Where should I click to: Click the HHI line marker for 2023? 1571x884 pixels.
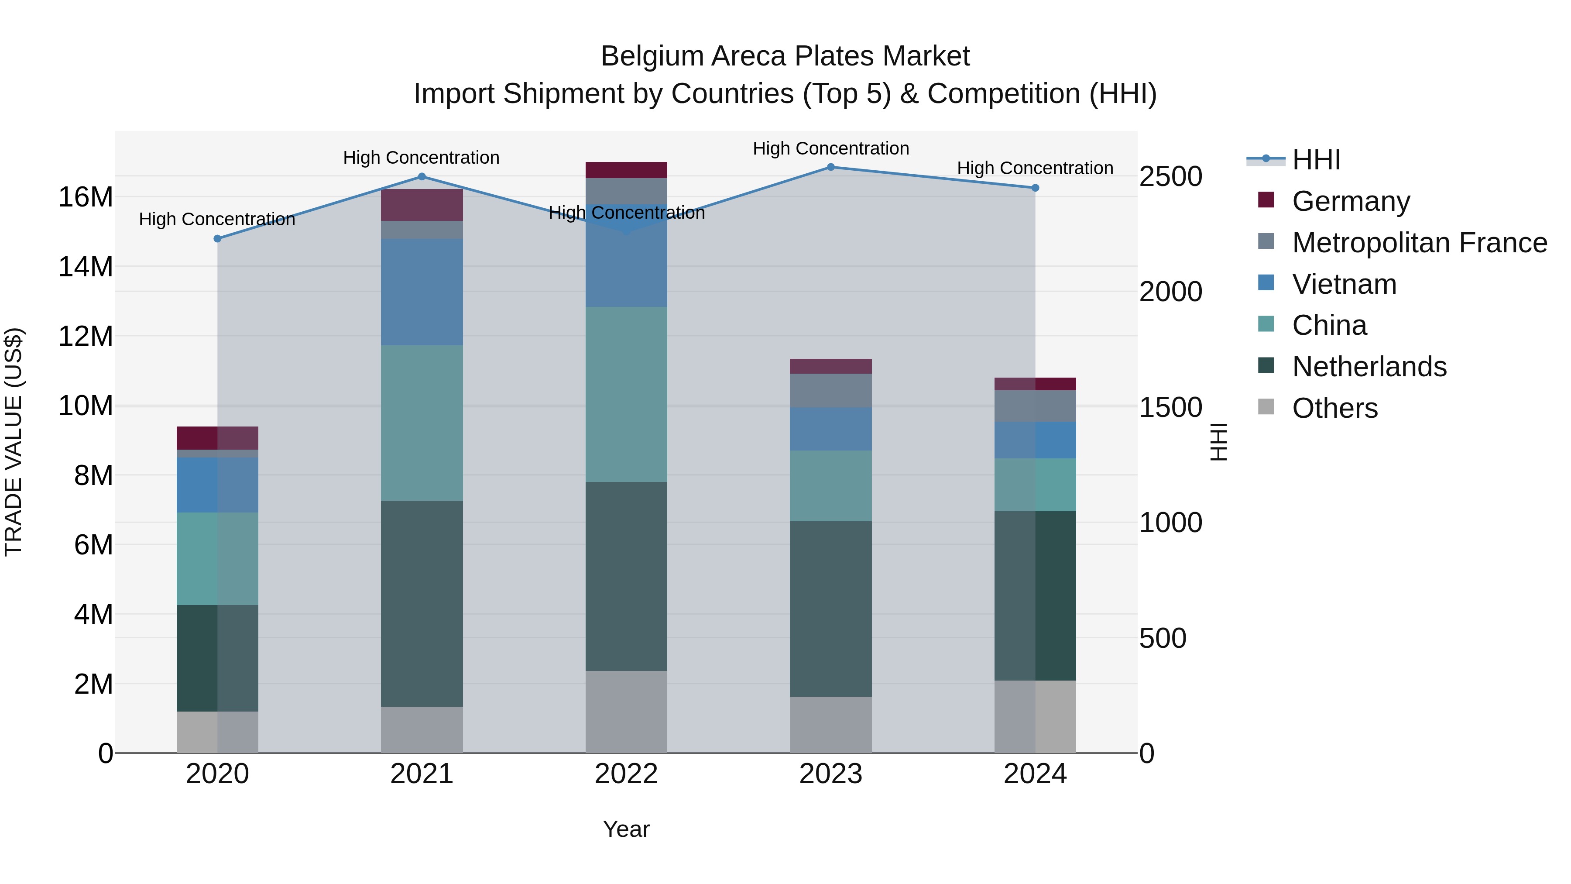pos(830,167)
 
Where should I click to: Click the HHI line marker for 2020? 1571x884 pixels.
pos(217,238)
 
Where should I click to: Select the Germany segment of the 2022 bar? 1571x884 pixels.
pos(626,170)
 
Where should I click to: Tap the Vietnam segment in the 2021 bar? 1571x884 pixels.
pos(422,292)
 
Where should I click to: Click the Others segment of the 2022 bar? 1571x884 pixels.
pos(626,712)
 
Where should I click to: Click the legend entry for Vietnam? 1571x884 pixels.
pos(1344,284)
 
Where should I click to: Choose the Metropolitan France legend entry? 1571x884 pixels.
pos(1419,243)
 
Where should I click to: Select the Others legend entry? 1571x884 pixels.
pos(1334,408)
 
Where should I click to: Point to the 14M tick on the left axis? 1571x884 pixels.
pos(86,267)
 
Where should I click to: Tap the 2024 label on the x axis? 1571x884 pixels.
pos(1035,774)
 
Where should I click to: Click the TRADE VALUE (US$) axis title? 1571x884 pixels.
pos(14,442)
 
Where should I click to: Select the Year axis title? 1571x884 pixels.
pos(626,829)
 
